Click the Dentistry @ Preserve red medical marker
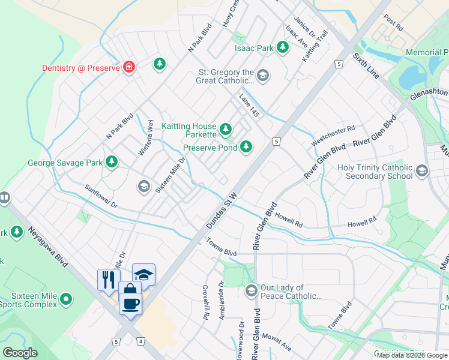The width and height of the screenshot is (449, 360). pyautogui.click(x=128, y=67)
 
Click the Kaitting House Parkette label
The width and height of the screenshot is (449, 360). pyautogui.click(x=188, y=127)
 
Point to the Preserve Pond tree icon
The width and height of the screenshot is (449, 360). pyautogui.click(x=246, y=146)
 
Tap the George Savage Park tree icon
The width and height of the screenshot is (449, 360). pyautogui.click(x=111, y=161)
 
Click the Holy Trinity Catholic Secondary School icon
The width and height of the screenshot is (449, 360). pyautogui.click(x=421, y=172)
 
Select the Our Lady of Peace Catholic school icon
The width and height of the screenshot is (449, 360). pyautogui.click(x=251, y=291)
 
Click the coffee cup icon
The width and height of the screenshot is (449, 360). pyautogui.click(x=131, y=303)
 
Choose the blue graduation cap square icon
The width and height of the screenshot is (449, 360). pyautogui.click(x=143, y=275)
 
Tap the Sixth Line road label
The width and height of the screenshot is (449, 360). pyautogui.click(x=366, y=65)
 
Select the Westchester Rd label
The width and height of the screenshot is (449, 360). pyautogui.click(x=333, y=136)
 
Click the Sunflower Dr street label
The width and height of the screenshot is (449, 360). pyautogui.click(x=100, y=197)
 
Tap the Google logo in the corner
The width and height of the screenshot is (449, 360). pyautogui.click(x=20, y=352)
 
